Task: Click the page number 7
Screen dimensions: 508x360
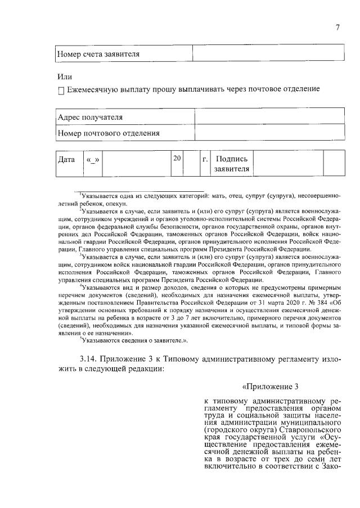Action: [x=337, y=29]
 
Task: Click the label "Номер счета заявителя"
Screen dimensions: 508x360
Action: [x=98, y=54]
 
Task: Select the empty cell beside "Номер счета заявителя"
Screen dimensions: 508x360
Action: [x=268, y=54]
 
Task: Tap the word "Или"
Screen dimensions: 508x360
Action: [x=65, y=77]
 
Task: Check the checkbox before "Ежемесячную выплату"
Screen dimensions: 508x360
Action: [x=61, y=90]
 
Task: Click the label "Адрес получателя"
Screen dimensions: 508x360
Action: [x=91, y=117]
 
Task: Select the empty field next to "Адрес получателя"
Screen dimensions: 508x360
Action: [x=269, y=117]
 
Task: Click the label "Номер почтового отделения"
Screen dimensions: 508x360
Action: [x=109, y=133]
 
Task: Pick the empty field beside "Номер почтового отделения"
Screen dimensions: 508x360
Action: [x=269, y=133]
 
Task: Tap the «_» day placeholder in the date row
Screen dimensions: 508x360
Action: [x=93, y=159]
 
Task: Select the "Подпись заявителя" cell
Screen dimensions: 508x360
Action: [x=232, y=164]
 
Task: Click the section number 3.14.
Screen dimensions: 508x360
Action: [x=92, y=359]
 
